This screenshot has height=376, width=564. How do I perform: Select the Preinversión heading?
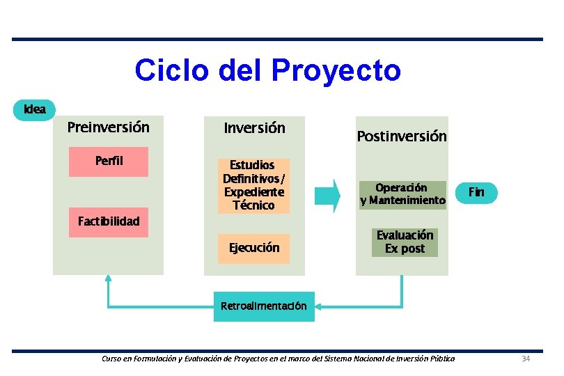pos(108,127)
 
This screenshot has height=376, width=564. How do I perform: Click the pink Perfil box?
pos(109,162)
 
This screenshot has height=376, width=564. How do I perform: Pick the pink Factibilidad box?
pos(109,222)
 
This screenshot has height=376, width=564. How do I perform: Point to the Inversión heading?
pos(254,128)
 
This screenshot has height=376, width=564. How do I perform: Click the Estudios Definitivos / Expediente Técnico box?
pos(253,185)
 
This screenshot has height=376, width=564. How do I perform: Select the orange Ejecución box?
pos(254,248)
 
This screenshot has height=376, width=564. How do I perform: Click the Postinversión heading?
pos(402,136)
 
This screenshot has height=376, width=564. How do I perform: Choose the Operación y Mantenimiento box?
pos(402,194)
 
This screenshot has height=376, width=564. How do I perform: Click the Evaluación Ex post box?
pos(405,242)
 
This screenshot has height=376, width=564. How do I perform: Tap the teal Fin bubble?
pos(476,192)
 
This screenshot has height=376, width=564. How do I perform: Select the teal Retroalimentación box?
pos(264,306)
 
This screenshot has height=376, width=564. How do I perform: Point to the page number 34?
pos(526,359)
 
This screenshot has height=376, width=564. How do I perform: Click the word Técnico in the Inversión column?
pos(253,205)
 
